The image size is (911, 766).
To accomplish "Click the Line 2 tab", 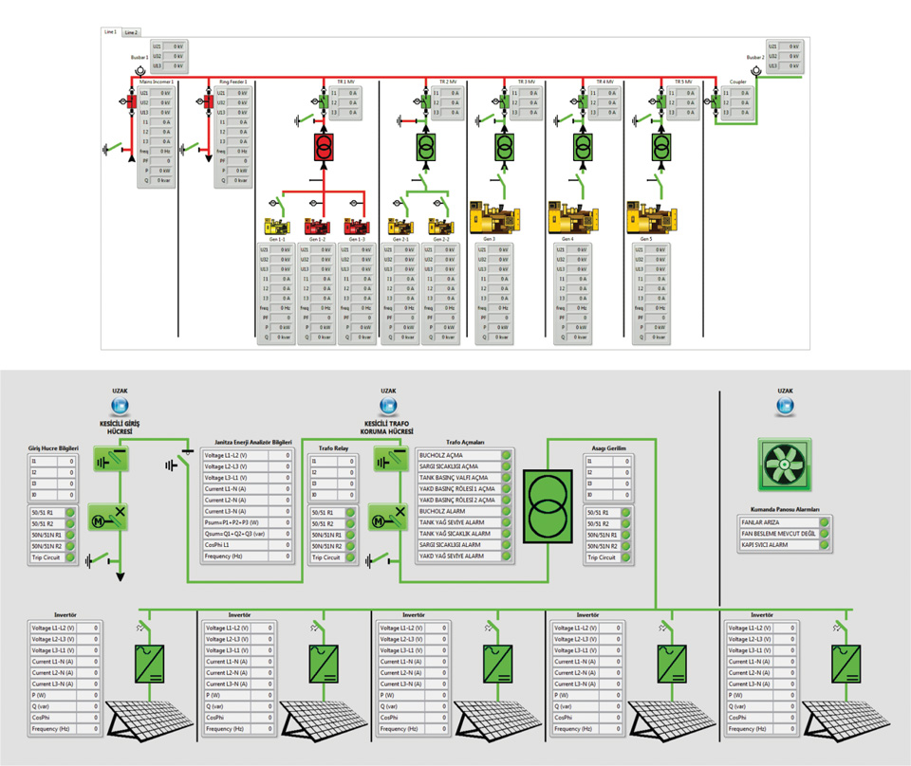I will [x=131, y=32].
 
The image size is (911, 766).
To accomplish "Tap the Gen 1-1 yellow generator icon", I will [x=275, y=226].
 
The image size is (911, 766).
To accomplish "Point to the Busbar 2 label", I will [x=755, y=58].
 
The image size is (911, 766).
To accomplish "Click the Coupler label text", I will [x=738, y=83].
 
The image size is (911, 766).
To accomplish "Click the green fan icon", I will [x=785, y=465].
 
